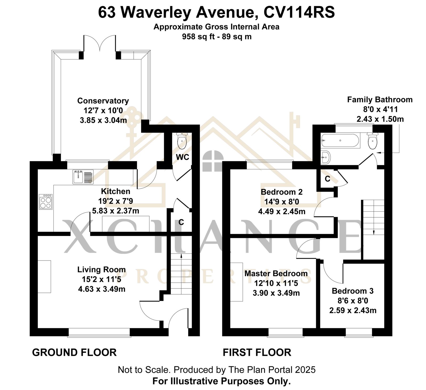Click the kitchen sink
coord(83,177)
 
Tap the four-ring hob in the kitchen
coord(46,202)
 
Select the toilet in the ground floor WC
coord(182,141)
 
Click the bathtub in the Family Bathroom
coord(341,140)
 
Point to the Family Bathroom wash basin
coord(326,157)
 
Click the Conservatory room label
coord(103,101)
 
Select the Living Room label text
coord(101,270)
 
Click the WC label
coord(182,157)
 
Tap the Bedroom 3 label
coord(353,291)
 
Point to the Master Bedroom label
coord(276,273)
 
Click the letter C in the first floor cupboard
coord(327,179)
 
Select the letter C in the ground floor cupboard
coord(181,222)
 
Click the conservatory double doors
coord(100,43)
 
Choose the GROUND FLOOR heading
coord(74,352)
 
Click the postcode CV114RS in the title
coord(299,13)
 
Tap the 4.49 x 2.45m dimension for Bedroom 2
coord(282,212)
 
